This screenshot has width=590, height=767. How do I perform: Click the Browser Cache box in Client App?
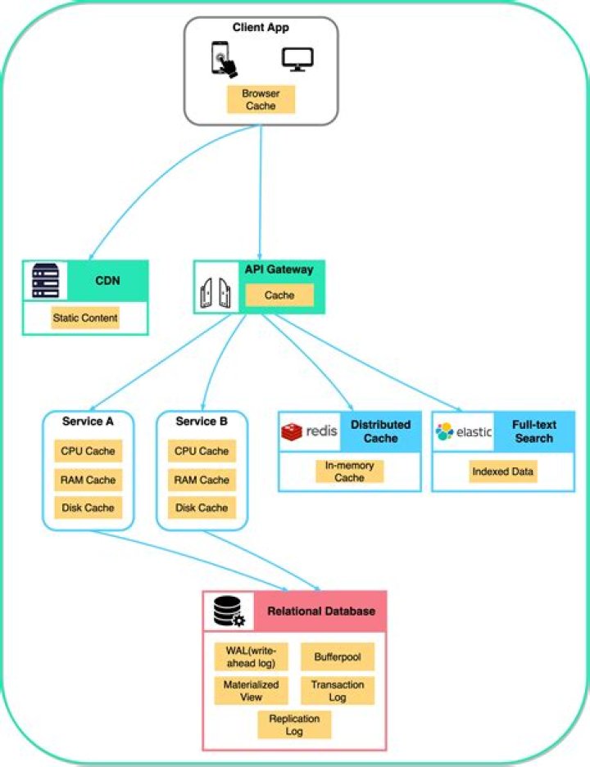[260, 99]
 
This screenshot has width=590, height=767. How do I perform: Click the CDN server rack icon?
[45, 281]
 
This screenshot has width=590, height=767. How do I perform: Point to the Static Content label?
[85, 318]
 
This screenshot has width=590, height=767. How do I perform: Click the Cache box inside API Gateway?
[279, 295]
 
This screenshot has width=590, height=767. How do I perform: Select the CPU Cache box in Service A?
[88, 451]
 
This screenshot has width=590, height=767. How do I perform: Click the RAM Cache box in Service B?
[202, 480]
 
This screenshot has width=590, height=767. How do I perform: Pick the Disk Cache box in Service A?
[88, 508]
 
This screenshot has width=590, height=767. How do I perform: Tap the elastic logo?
[464, 431]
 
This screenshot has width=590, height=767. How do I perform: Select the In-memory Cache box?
[349, 471]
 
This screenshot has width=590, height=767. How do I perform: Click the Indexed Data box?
[503, 471]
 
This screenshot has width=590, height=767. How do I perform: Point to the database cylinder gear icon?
[229, 611]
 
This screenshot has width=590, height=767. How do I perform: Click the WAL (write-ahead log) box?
[252, 656]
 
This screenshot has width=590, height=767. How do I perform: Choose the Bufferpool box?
[337, 656]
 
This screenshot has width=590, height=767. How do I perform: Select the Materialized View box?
[252, 690]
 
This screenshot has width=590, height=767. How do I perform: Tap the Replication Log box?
[294, 724]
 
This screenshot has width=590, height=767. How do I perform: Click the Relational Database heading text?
[321, 611]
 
